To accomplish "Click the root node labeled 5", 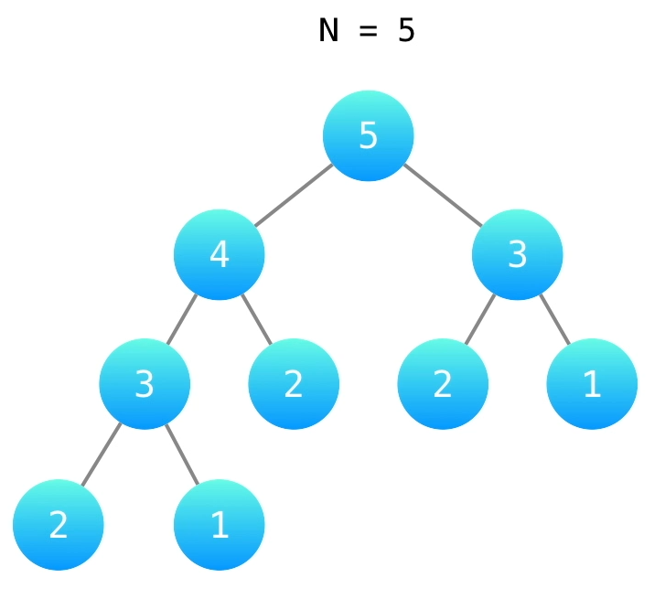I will [x=368, y=135].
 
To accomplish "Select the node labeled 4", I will [x=220, y=254].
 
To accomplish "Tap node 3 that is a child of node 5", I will [x=517, y=254].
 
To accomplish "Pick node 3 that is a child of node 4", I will [x=145, y=384].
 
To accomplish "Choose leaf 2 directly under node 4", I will [x=294, y=384].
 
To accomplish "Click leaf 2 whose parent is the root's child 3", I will [x=443, y=384].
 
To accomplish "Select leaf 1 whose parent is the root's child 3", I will [x=592, y=384].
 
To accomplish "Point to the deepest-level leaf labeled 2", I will [x=59, y=525].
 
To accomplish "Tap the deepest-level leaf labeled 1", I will [x=220, y=525].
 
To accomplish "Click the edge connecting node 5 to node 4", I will [x=294, y=195].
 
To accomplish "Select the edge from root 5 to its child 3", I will [x=442, y=195].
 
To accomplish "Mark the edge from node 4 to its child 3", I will [x=182, y=319].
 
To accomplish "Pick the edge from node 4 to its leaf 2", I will [x=257, y=319].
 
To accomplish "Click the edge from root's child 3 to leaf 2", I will [x=480, y=319].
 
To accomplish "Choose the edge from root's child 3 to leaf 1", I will [x=554, y=319].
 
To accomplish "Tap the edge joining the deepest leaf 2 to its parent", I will [x=102, y=455].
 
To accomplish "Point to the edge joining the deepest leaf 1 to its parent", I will [x=182, y=455].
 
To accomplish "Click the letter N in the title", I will [x=328, y=31].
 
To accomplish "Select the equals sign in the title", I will [x=368, y=32].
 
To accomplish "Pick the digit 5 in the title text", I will [x=406, y=31].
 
